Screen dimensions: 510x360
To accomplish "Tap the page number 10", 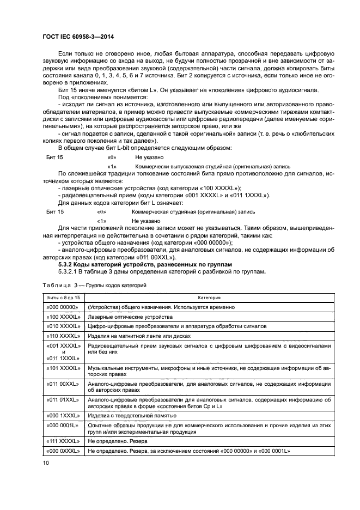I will [x=46, y=463].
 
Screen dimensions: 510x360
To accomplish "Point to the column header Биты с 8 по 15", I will [x=64, y=297].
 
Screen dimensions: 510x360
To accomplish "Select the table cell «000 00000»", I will [x=64, y=307].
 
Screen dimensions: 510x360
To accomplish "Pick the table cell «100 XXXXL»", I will [x=64, y=317].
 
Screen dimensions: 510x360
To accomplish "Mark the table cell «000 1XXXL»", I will [x=64, y=415].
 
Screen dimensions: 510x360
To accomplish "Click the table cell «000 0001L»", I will [x=64, y=424].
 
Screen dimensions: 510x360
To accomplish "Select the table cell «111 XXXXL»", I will [x=64, y=441].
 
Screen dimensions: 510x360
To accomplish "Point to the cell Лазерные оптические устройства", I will [x=130, y=317].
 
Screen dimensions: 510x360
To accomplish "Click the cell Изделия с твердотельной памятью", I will [x=133, y=415].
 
